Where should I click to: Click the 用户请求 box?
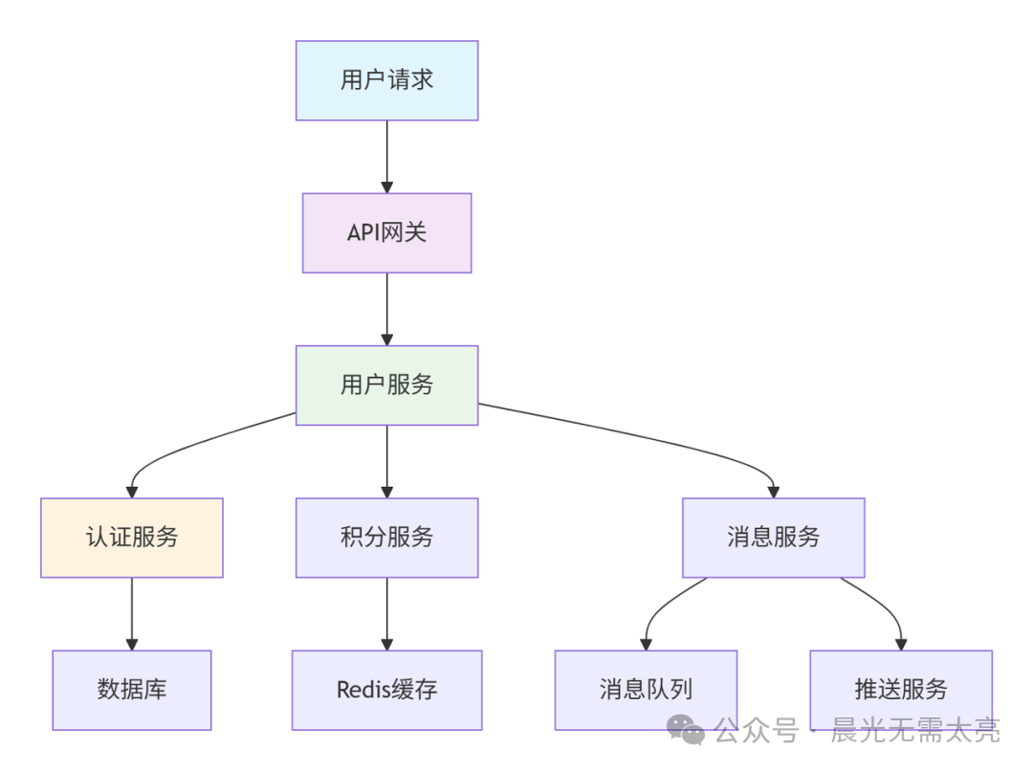pyautogui.click(x=386, y=80)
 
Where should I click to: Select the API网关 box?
pyautogui.click(x=386, y=232)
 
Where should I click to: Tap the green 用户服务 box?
pyautogui.click(x=386, y=385)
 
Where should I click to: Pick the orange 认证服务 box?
pyautogui.click(x=132, y=538)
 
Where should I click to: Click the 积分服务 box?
pyautogui.click(x=386, y=538)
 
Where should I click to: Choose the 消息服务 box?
pyautogui.click(x=773, y=538)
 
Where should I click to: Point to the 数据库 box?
pyautogui.click(x=132, y=690)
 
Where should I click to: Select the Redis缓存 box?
pyautogui.click(x=386, y=690)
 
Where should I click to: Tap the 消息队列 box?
pyautogui.click(x=646, y=690)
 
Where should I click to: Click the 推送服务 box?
pyautogui.click(x=900, y=690)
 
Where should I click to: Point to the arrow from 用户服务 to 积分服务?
pyautogui.click(x=386, y=461)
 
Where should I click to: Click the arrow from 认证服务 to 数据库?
pyautogui.click(x=132, y=613)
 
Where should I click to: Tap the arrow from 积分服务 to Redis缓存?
pyautogui.click(x=386, y=613)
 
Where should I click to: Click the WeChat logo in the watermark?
pyautogui.click(x=686, y=730)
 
